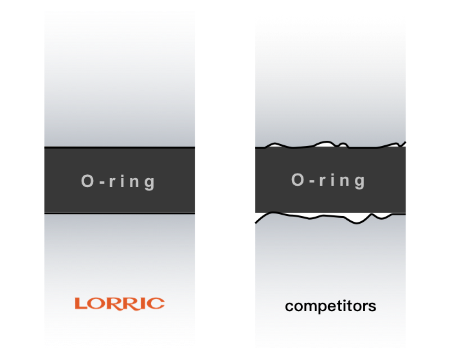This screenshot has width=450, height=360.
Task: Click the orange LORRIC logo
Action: (x=120, y=303)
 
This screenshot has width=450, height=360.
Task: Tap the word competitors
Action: (x=330, y=306)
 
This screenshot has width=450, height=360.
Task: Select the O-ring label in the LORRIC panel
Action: (x=119, y=182)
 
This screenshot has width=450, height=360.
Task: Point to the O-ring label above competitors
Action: (x=328, y=181)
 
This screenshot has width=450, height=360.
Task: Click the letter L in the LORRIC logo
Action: (x=80, y=303)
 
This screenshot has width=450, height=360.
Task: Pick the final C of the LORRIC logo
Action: (x=157, y=303)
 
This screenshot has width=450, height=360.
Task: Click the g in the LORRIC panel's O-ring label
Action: (x=150, y=183)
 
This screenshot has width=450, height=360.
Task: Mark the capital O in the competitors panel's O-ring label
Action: (x=298, y=180)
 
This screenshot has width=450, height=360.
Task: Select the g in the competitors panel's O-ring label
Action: (x=360, y=182)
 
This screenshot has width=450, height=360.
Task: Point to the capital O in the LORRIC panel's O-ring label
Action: (x=88, y=182)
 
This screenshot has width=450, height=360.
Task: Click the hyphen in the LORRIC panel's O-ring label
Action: (x=101, y=183)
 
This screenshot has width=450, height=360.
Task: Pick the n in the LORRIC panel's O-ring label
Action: (x=136, y=183)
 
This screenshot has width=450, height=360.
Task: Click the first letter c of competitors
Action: (x=289, y=307)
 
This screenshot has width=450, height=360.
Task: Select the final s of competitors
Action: (x=372, y=307)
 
